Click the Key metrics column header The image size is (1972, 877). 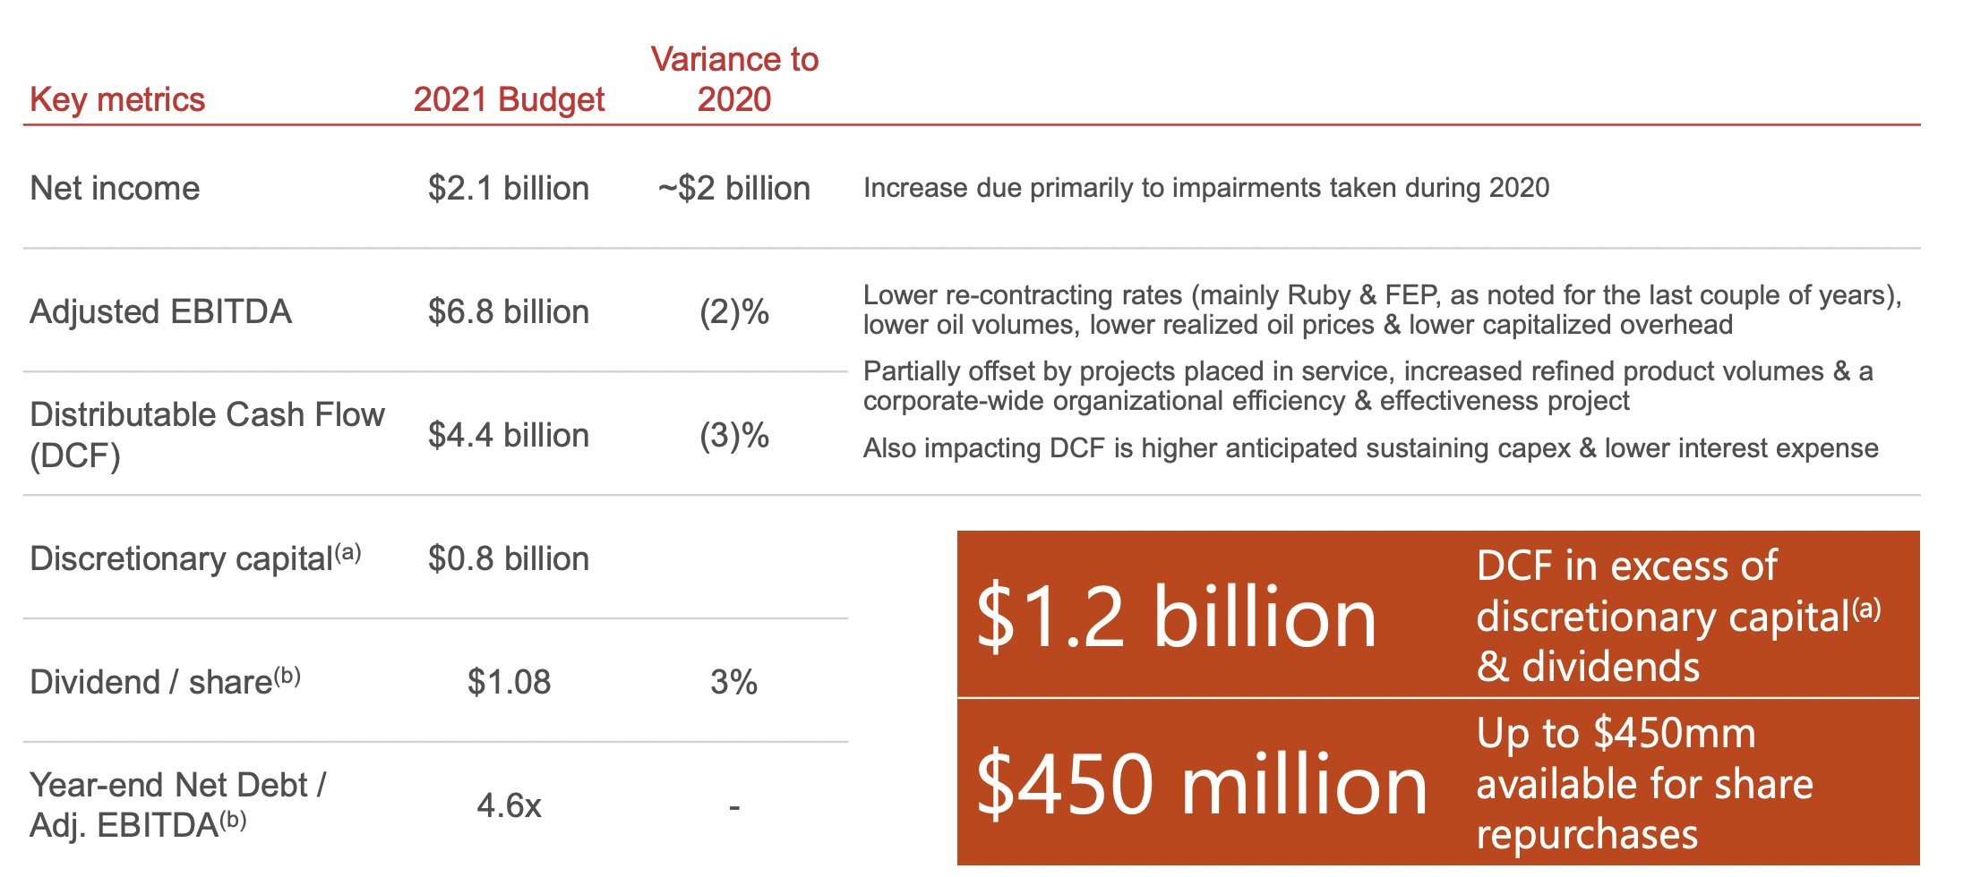(x=117, y=99)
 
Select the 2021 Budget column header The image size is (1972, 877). (x=509, y=99)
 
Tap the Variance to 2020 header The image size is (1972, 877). (x=734, y=79)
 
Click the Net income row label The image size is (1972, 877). (x=115, y=188)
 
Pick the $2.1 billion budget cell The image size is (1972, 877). (x=509, y=188)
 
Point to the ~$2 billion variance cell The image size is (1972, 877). (x=734, y=188)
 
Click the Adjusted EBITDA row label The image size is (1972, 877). (x=160, y=311)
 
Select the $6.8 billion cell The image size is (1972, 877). (x=509, y=311)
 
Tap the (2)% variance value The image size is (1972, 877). (x=734, y=311)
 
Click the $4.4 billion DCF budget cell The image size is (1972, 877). (x=509, y=435)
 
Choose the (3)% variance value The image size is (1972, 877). (x=734, y=435)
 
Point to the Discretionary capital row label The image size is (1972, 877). (x=195, y=558)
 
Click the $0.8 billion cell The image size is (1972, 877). (x=509, y=558)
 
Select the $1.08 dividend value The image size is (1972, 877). (x=509, y=682)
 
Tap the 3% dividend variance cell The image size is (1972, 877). (x=734, y=682)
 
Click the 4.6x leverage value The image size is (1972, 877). (x=509, y=805)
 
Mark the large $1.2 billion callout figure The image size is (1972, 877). (x=1176, y=617)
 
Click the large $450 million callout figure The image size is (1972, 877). (x=1202, y=784)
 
